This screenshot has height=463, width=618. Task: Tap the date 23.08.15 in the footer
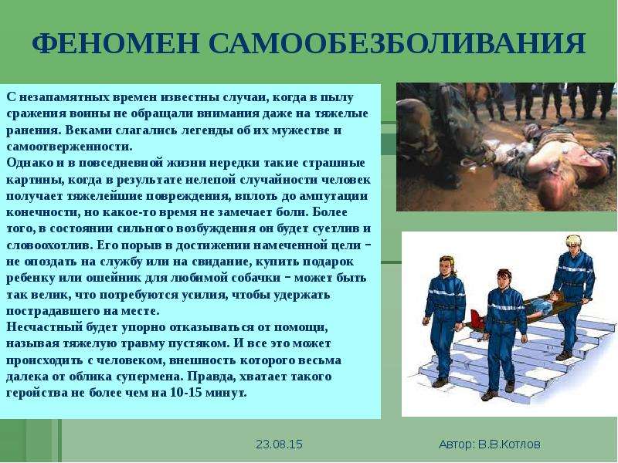(x=279, y=444)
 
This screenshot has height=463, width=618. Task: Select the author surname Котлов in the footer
(x=520, y=444)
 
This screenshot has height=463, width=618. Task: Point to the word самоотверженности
(x=69, y=147)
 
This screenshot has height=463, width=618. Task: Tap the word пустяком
(x=199, y=343)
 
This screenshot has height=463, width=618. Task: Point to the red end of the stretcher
(x=477, y=318)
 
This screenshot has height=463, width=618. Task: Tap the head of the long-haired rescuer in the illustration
(x=446, y=266)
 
